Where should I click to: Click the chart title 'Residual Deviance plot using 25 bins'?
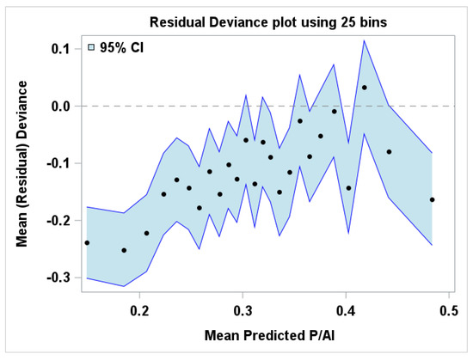click(x=268, y=22)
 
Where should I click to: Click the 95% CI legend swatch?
click(x=91, y=47)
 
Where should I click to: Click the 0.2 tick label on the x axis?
click(x=139, y=311)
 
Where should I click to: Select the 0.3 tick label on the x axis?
click(x=243, y=311)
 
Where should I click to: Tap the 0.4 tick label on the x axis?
click(x=346, y=311)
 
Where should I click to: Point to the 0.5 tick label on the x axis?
click(x=449, y=311)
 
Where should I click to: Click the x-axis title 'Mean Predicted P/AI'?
click(x=269, y=335)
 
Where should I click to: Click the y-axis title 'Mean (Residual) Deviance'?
click(x=21, y=164)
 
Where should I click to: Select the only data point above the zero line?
click(x=365, y=88)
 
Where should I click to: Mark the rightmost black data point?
click(x=432, y=199)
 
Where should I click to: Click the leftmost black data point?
click(x=87, y=243)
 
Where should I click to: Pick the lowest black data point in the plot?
click(x=124, y=250)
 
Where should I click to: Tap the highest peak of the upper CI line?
click(x=365, y=40)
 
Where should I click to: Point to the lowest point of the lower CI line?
click(x=124, y=286)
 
